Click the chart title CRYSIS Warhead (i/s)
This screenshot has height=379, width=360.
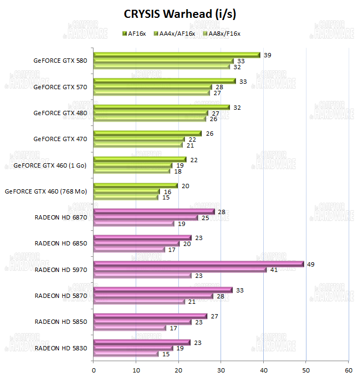click(x=179, y=13)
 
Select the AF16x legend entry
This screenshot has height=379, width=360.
click(x=138, y=34)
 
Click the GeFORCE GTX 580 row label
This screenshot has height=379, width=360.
click(x=60, y=61)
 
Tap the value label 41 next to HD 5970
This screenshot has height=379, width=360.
click(x=274, y=270)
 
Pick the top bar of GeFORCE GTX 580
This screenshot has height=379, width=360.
click(x=176, y=55)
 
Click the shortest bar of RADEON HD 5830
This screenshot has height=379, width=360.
click(x=126, y=354)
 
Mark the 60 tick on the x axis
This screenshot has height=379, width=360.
click(x=348, y=370)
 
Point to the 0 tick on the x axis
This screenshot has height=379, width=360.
click(x=94, y=370)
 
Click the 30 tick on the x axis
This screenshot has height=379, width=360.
click(x=221, y=370)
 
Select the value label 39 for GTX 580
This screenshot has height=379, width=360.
click(x=267, y=55)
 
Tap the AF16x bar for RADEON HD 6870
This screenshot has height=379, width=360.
click(x=154, y=212)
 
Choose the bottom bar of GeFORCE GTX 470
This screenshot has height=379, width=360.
click(x=138, y=145)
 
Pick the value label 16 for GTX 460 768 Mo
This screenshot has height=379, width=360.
click(x=167, y=191)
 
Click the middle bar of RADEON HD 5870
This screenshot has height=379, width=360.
click(x=153, y=296)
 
